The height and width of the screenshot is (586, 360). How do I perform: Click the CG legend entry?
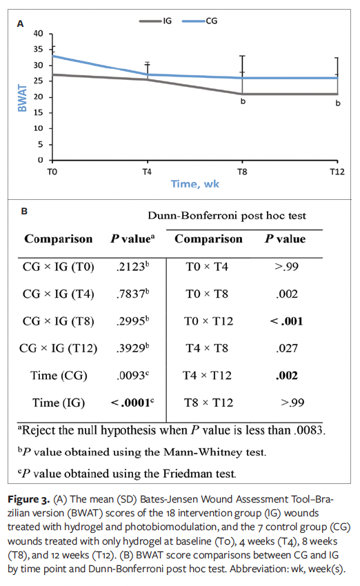(212, 21)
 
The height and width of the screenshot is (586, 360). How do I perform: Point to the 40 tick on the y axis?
(37, 34)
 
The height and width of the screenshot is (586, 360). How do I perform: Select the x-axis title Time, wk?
(195, 184)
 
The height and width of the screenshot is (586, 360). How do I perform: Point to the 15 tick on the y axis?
(37, 113)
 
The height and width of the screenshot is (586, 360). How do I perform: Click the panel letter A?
(21, 23)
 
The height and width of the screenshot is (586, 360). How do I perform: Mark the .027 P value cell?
(285, 349)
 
